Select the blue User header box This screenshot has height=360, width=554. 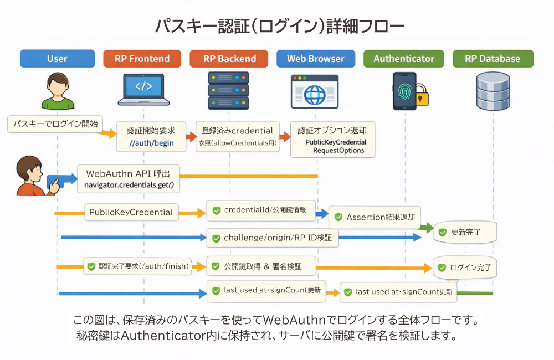57,59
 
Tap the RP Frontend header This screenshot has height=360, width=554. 142,59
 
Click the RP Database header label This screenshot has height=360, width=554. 493,59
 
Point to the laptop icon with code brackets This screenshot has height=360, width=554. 143,89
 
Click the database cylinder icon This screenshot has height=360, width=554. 493,91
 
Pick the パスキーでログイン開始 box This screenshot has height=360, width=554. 55,124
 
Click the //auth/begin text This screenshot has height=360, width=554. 151,143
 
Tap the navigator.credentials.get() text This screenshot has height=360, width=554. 129,184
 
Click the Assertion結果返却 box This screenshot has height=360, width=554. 375,217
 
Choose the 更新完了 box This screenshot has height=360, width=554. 464,232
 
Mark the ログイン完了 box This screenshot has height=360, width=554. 464,267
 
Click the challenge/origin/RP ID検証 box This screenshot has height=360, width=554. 272,238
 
